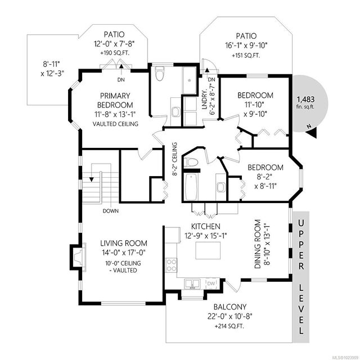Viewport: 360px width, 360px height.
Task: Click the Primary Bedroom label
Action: click(115, 100)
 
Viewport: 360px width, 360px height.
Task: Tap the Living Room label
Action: click(124, 243)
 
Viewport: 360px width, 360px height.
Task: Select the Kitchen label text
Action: click(206, 226)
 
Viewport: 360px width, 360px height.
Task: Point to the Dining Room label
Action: click(258, 244)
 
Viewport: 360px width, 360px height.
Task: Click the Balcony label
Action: click(230, 307)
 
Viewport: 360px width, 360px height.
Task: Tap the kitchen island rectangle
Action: click(208, 250)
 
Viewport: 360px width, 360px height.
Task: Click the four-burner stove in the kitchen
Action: click(171, 265)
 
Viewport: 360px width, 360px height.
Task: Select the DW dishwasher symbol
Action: click(211, 283)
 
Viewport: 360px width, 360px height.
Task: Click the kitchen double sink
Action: click(192, 283)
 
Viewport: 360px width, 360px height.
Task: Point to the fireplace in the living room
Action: click(78, 256)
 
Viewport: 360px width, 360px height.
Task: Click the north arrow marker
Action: click(312, 133)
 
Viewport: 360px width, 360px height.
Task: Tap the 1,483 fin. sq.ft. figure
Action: click(305, 102)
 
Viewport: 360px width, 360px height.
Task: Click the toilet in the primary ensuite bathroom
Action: click(160, 74)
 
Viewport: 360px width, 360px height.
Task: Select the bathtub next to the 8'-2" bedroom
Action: click(191, 187)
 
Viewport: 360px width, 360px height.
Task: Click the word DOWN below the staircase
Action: click(111, 211)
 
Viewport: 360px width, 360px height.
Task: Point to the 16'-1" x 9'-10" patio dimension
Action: click(246, 46)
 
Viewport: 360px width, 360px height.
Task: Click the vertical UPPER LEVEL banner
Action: click(301, 277)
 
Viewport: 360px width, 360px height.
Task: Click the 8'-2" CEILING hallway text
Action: click(175, 159)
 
